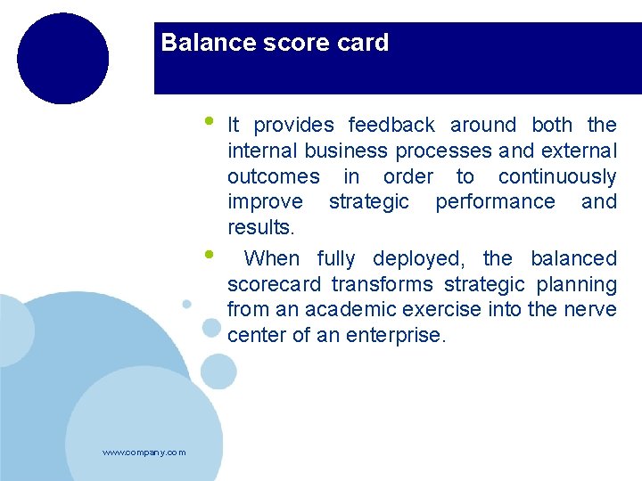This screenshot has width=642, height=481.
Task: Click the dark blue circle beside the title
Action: click(62, 59)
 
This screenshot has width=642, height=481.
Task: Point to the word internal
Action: click(259, 151)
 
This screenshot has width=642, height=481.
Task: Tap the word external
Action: click(579, 151)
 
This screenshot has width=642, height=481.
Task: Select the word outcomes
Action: click(273, 176)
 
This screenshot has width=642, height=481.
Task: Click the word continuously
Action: click(557, 176)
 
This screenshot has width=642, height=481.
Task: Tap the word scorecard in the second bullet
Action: click(275, 285)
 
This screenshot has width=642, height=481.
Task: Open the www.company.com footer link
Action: click(144, 452)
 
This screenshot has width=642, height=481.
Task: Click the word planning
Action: click(579, 285)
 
